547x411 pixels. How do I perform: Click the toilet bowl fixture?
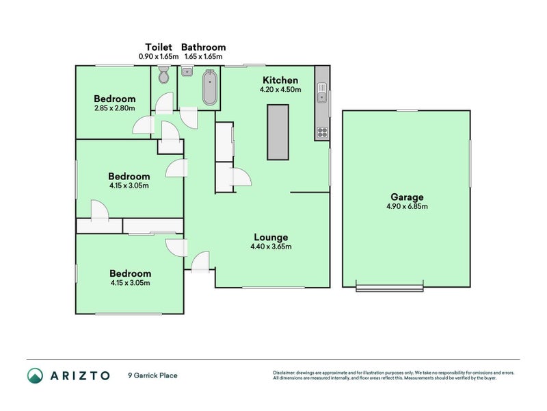pos(163,77)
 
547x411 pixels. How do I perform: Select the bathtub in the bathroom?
pos(210,88)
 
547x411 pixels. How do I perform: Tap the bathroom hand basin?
pos(187,71)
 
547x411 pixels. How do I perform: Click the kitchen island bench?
pos(278,132)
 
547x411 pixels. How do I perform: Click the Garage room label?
pos(407,196)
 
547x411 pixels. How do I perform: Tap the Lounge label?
pos(272,237)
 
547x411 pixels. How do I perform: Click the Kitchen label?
pos(279,80)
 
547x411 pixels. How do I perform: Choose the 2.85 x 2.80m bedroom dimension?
pos(114,108)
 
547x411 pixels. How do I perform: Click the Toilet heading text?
pos(158,47)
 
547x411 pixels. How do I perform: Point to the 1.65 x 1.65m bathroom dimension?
pos(203,56)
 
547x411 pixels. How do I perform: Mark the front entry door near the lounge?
pos(200,262)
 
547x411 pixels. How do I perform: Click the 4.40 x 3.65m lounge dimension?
pos(272,247)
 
